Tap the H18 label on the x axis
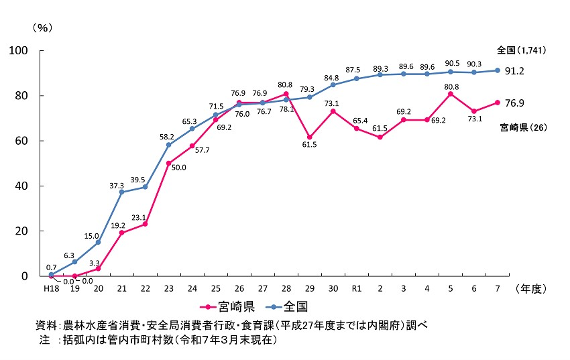(x=51, y=288)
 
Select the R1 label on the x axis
(x=357, y=288)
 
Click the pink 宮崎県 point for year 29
(x=309, y=137)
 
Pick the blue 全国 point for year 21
(x=122, y=192)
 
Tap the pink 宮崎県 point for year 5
(x=450, y=94)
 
